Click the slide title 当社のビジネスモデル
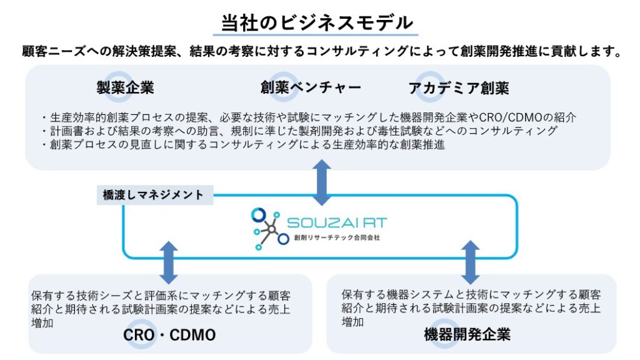click(x=319, y=23)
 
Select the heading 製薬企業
click(x=125, y=87)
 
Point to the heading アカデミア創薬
click(x=459, y=87)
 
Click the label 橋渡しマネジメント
click(x=153, y=195)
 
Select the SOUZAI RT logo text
click(x=337, y=222)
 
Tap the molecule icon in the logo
click(x=267, y=229)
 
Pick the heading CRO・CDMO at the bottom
click(x=169, y=335)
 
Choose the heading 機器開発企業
click(x=467, y=334)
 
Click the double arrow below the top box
click(x=322, y=182)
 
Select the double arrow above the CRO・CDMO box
click(x=169, y=262)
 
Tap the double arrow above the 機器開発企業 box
click(x=470, y=262)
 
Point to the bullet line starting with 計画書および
click(x=300, y=131)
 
